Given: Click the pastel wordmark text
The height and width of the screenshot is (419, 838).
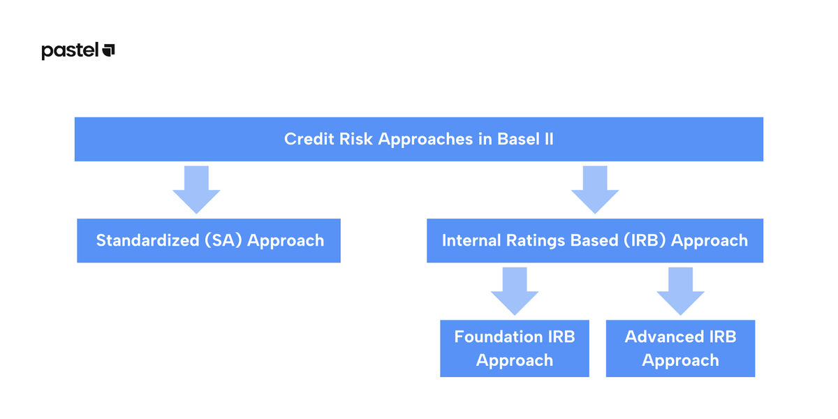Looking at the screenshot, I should coord(70,51).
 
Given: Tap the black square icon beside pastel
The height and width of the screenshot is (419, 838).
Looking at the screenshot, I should coord(109,50).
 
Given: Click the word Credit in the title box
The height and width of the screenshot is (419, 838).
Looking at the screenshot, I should coord(305,139).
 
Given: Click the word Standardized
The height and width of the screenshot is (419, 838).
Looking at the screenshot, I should coord(147,241).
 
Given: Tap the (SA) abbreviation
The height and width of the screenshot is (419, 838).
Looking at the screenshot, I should coord(223,241).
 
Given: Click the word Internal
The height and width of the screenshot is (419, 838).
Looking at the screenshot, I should coord(471,241).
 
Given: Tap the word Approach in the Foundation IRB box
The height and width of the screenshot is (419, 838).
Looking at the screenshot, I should coord(515,361).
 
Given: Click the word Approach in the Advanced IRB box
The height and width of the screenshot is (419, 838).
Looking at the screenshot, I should coord(680,361).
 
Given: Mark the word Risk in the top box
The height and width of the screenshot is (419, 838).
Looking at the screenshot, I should coord(357,139).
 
